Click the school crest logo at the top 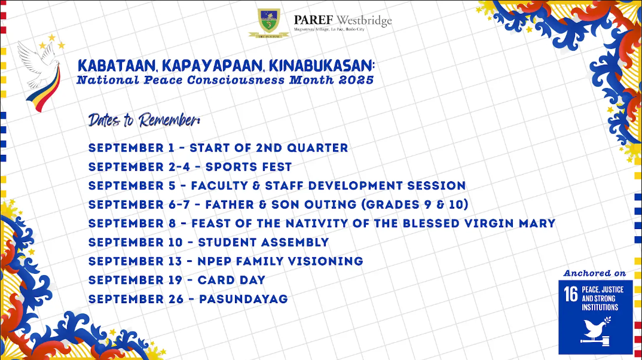tap(268, 23)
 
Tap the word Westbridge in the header tap(364, 20)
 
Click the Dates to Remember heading tap(144, 120)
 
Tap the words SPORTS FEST tap(249, 167)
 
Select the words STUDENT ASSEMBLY tap(263, 242)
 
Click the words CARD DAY tap(231, 280)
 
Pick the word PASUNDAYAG tap(243, 299)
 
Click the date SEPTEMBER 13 tap(135, 261)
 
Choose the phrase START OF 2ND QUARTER tap(268, 148)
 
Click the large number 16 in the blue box tap(571, 294)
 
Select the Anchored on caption tap(595, 273)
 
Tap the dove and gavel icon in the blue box tap(596, 331)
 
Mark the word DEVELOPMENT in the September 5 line tap(356, 186)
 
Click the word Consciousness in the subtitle tap(236, 80)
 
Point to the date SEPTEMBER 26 tap(136, 299)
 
